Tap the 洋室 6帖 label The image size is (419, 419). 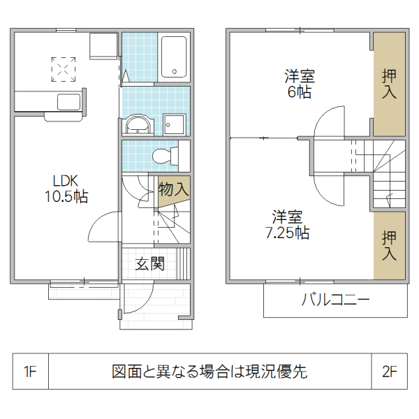tap(298, 83)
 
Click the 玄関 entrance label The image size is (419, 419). tap(150, 264)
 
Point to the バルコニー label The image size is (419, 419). tap(335, 300)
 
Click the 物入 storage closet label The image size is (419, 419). tap(172, 189)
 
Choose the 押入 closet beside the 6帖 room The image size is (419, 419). tap(389, 84)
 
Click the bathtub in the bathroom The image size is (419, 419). tap(173, 57)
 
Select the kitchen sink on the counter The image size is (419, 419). tap(69, 103)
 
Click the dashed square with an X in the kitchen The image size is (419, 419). tap(64, 69)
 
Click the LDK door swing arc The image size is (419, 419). tap(103, 226)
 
